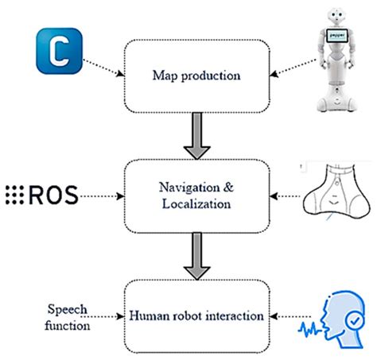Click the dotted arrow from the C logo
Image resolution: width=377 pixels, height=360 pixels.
102,68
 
